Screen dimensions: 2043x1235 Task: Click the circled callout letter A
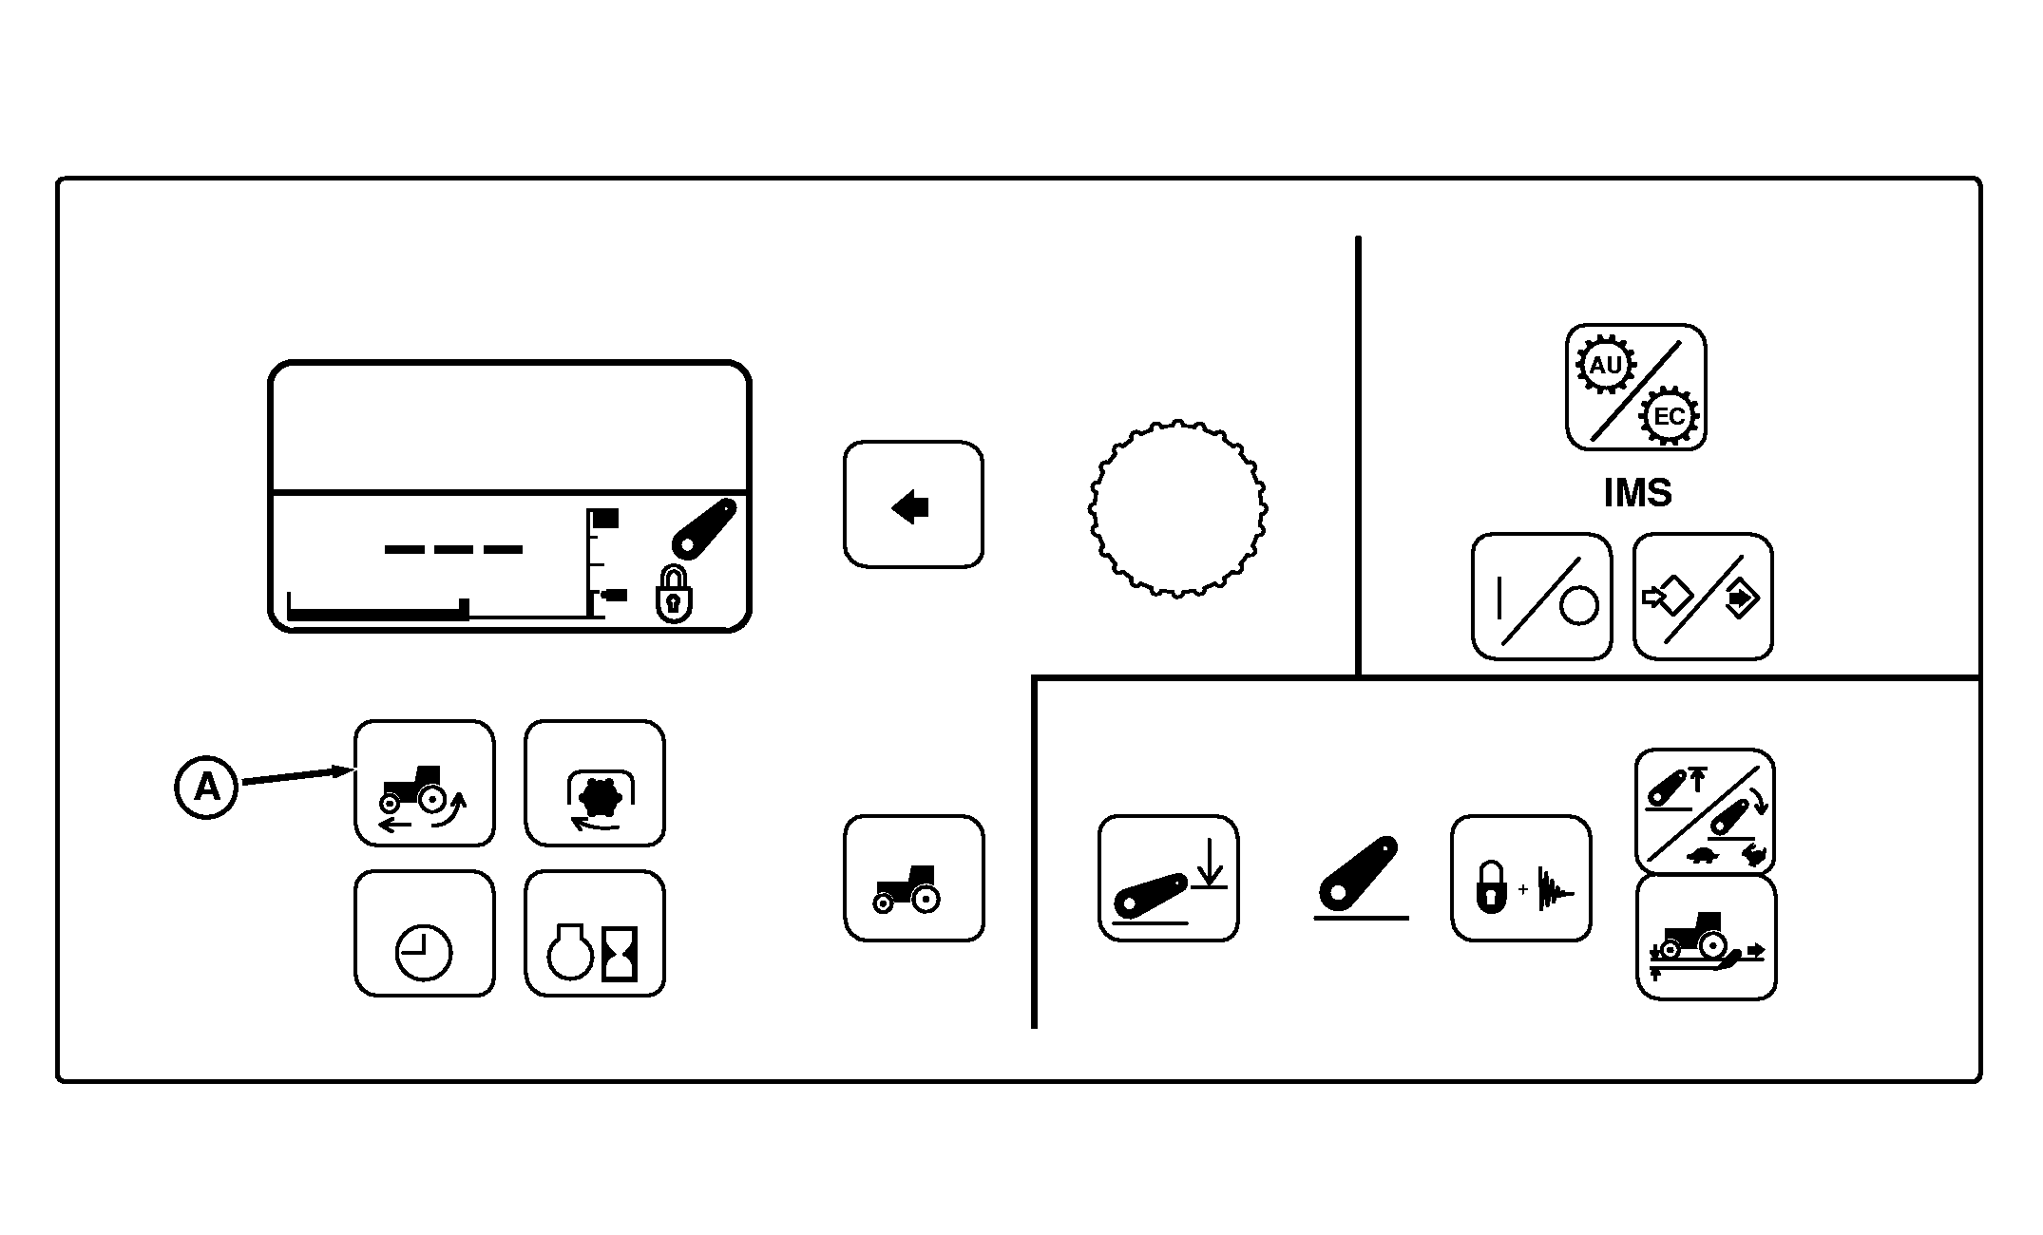tap(206, 787)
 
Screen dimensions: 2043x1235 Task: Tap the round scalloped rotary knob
tap(1177, 507)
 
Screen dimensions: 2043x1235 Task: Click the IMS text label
tap(1637, 493)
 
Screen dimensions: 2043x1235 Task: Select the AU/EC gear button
tap(1636, 387)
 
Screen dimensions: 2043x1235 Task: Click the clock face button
tap(425, 934)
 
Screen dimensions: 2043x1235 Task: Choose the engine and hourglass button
tap(595, 934)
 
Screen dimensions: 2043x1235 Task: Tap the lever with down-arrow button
tap(1169, 878)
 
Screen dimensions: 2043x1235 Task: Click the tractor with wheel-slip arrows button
tap(425, 783)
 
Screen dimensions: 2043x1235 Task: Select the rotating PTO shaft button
tap(595, 783)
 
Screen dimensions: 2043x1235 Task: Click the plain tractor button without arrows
tap(914, 878)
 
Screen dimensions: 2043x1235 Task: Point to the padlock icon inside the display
tap(673, 595)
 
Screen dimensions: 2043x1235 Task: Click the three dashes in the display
tap(453, 549)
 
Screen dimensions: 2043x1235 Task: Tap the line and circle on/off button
tap(1542, 597)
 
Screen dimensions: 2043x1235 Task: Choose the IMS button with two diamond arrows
tap(1703, 597)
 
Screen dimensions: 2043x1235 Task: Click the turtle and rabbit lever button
tap(1705, 811)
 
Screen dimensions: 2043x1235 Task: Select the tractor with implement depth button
tap(1707, 938)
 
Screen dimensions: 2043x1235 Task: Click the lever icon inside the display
tap(705, 528)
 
